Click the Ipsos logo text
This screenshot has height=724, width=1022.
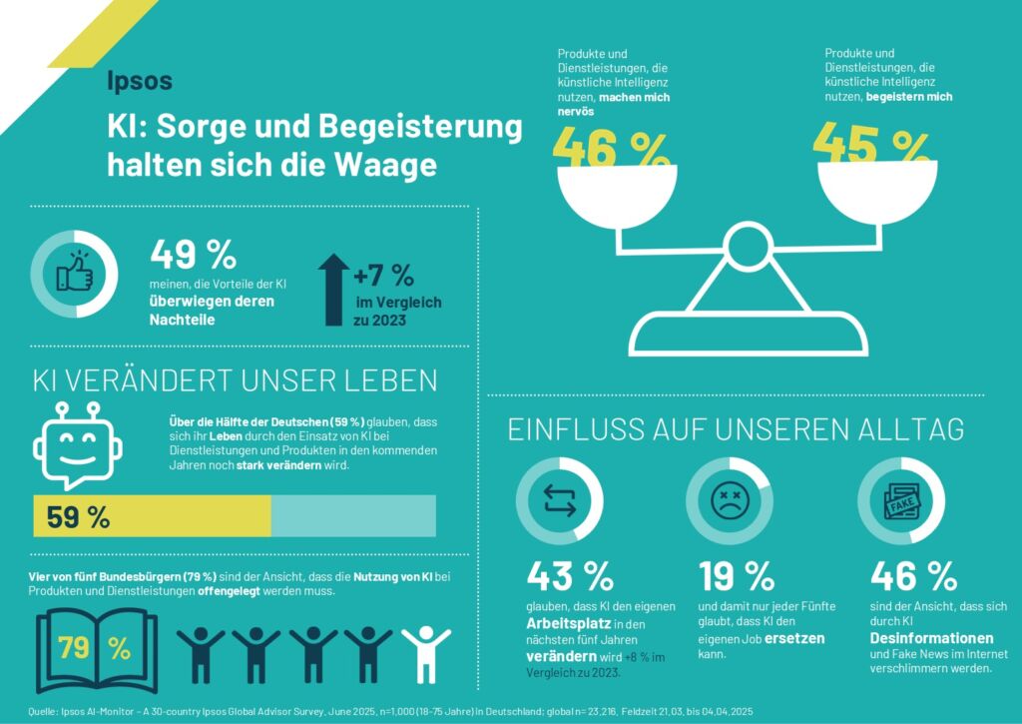(x=140, y=81)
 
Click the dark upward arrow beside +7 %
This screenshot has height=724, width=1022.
(x=332, y=290)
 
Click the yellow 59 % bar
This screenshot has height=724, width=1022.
(x=152, y=516)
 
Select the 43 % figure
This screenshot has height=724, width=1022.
(x=570, y=576)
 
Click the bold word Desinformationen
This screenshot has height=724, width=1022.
(x=932, y=637)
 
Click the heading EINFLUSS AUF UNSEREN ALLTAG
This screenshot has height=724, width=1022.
(x=736, y=429)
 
